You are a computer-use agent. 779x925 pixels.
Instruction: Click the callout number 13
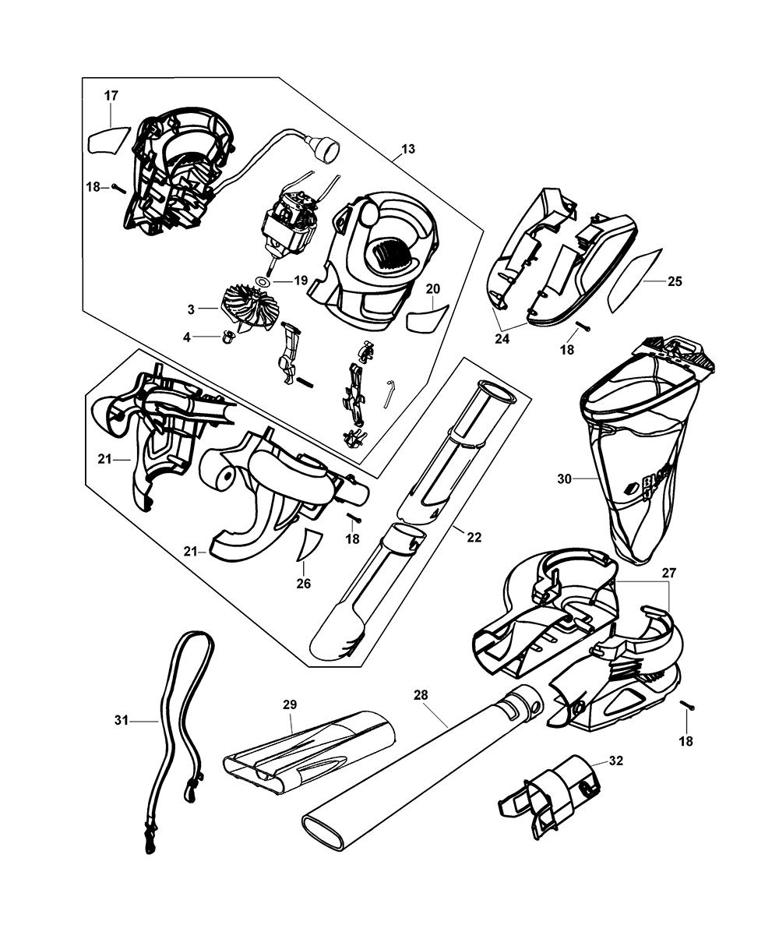click(408, 149)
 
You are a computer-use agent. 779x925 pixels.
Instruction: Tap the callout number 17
click(111, 95)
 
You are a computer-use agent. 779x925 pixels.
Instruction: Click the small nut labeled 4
click(229, 337)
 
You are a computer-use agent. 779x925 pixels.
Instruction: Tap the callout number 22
click(474, 537)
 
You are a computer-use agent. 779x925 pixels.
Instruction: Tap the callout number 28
click(421, 694)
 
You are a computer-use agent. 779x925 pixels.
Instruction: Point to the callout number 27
click(669, 572)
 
